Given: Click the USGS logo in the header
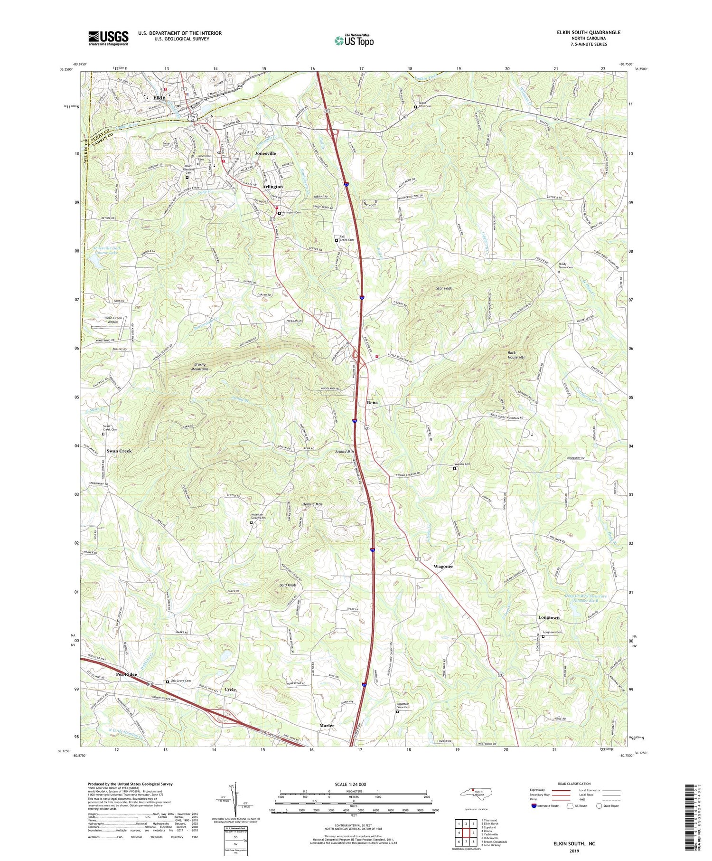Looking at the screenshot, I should [108, 38].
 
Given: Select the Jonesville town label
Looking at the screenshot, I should [265, 153].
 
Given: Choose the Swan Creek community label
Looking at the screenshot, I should [119, 451].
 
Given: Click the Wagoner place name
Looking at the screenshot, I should [443, 567].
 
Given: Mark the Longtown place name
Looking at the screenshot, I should [549, 617].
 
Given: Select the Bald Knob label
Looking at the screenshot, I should [288, 585].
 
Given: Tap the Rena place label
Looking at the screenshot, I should [373, 403].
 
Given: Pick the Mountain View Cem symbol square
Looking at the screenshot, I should [398, 712].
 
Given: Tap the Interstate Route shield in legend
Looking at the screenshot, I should [534, 805].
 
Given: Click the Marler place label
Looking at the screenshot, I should [327, 726].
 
